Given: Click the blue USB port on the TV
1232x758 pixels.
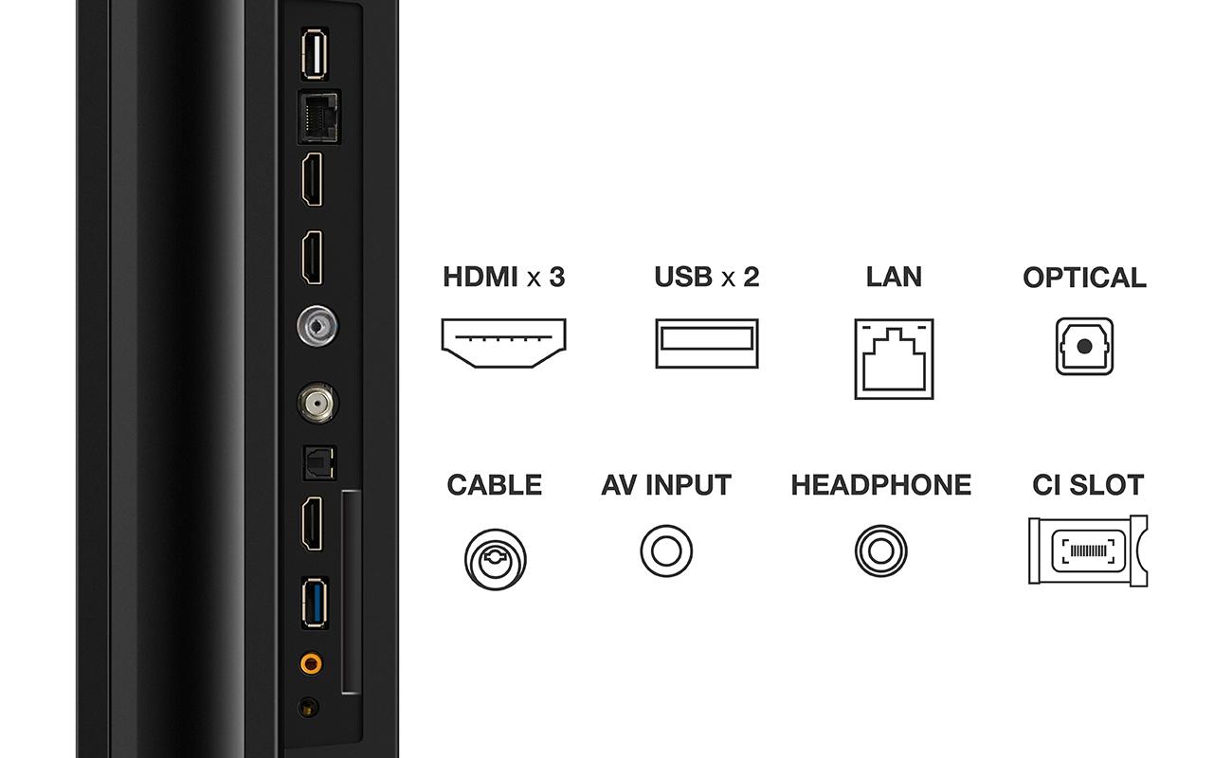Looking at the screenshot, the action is (x=315, y=603).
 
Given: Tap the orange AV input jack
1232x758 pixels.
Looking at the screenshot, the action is (x=311, y=663).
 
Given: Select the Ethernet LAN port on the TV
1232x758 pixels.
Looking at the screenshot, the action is (x=319, y=117).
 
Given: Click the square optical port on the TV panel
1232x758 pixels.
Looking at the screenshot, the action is (x=319, y=463).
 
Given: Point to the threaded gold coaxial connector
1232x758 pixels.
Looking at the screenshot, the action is (x=317, y=404).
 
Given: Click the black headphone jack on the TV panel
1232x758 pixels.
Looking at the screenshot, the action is (x=308, y=708).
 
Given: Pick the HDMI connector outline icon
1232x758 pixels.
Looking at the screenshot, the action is (x=503, y=343).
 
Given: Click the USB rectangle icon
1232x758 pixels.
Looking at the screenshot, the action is (x=707, y=343).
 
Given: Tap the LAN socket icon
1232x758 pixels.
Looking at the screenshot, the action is (x=894, y=359).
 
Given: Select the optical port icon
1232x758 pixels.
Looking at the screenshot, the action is (x=1084, y=347).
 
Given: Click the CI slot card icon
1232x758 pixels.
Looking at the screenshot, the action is (x=1088, y=550).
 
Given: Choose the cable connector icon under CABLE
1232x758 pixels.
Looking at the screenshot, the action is (x=495, y=559).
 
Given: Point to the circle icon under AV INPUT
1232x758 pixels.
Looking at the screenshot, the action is (x=666, y=550).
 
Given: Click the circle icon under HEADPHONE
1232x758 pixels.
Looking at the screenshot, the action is (x=880, y=550).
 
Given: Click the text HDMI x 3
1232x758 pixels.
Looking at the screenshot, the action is (x=504, y=277).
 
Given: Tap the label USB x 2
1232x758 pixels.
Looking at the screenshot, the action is (x=707, y=277).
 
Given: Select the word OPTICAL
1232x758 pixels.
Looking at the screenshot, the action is (x=1084, y=278).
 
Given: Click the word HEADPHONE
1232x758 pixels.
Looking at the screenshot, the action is (x=881, y=485).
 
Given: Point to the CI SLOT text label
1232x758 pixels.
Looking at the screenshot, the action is (x=1088, y=485).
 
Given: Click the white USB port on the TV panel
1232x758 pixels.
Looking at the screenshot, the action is (x=315, y=54).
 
